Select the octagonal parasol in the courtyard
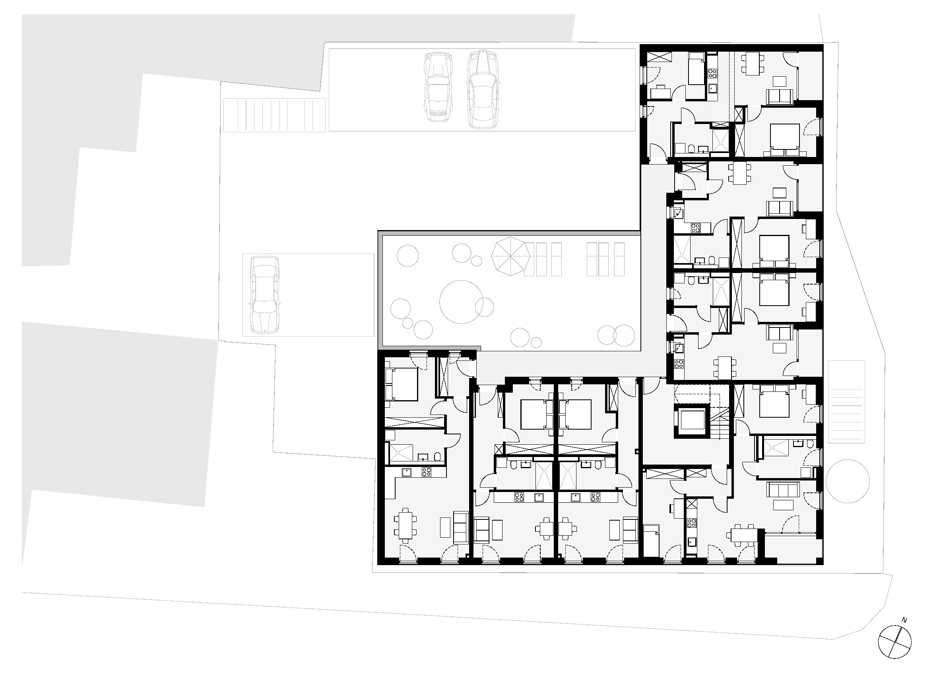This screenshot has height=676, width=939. [x=510, y=256]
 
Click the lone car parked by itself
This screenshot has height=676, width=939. [x=264, y=295]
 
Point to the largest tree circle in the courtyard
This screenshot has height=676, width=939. [x=462, y=302]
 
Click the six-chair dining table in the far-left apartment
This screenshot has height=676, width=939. [x=405, y=526]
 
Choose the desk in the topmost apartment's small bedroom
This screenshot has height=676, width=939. [x=660, y=91]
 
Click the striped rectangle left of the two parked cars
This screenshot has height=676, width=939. [x=274, y=115]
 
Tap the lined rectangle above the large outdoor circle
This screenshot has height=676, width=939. [x=846, y=401]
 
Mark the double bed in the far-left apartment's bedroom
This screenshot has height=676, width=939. [x=401, y=384]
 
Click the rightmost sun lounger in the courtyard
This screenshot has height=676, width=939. [x=619, y=259]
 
